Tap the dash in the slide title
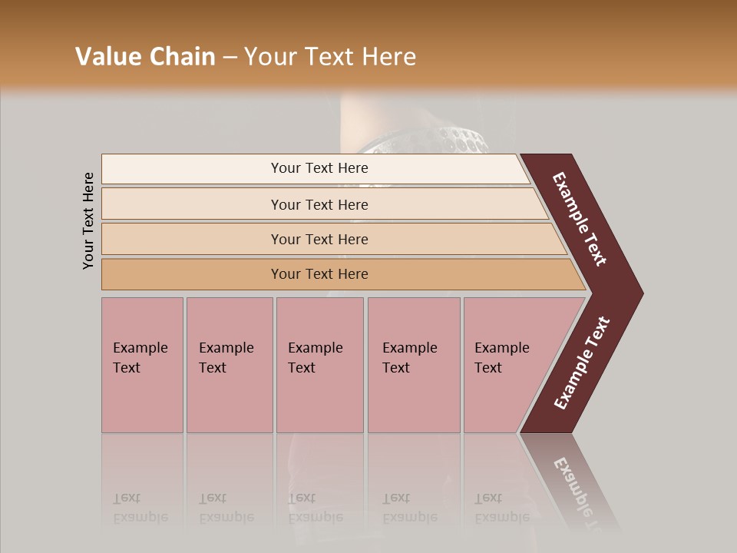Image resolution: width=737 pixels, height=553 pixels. click(x=230, y=58)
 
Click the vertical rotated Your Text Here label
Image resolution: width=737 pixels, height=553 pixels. click(x=88, y=220)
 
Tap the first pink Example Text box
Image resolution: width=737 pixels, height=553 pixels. click(x=142, y=364)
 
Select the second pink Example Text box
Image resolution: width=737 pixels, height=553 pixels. click(x=229, y=364)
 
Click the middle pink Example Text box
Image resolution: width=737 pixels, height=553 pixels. click(x=319, y=364)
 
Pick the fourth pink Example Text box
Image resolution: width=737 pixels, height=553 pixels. click(x=413, y=364)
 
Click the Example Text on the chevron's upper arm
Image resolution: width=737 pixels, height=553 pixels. click(x=580, y=219)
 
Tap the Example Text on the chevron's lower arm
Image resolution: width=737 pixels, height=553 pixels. click(x=582, y=363)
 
